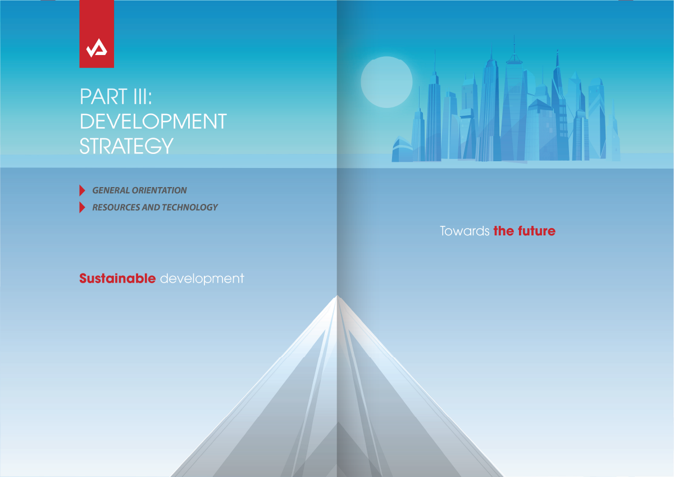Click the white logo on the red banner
pos(97,48)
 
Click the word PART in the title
pos(103,97)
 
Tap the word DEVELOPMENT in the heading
pos(153,121)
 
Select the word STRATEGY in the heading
pos(126,146)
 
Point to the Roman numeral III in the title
pos(141,97)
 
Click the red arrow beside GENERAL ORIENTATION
pos(82,190)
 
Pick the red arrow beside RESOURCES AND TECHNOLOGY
pos(82,207)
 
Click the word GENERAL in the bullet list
pos(111,190)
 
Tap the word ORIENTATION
pos(159,190)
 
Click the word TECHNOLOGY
pos(190,207)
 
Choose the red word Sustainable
pos(117,278)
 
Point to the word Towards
pos(464,231)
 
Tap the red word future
pos(536,231)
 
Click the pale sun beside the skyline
pos(386,82)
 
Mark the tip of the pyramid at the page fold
pos(337,296)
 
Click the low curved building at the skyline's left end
pos(402,150)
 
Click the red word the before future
pos(504,231)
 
